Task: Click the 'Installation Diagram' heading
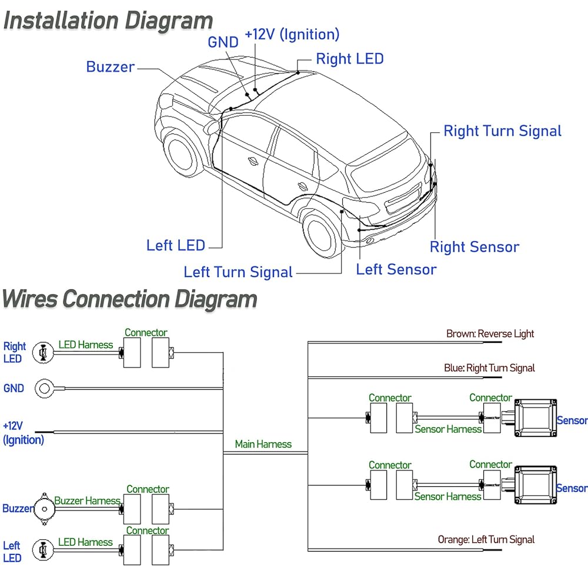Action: point(108,20)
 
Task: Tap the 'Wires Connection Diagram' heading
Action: point(130,299)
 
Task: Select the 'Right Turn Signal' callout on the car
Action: point(503,131)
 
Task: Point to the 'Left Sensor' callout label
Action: point(396,269)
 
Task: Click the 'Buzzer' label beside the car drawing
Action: point(111,67)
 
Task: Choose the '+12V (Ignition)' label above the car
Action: point(292,35)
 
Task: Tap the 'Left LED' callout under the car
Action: point(175,245)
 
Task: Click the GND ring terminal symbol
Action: point(44,389)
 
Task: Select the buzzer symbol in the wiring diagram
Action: point(44,509)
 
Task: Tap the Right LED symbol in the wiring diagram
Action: point(43,353)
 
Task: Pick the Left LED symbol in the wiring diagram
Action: point(43,550)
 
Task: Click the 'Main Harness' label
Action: point(263,444)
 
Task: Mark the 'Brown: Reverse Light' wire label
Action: point(490,334)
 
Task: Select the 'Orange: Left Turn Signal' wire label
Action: point(486,540)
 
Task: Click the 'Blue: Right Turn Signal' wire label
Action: point(489,368)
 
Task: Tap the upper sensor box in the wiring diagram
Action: point(536,418)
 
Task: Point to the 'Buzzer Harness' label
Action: point(88,500)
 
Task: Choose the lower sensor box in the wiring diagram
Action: point(536,485)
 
